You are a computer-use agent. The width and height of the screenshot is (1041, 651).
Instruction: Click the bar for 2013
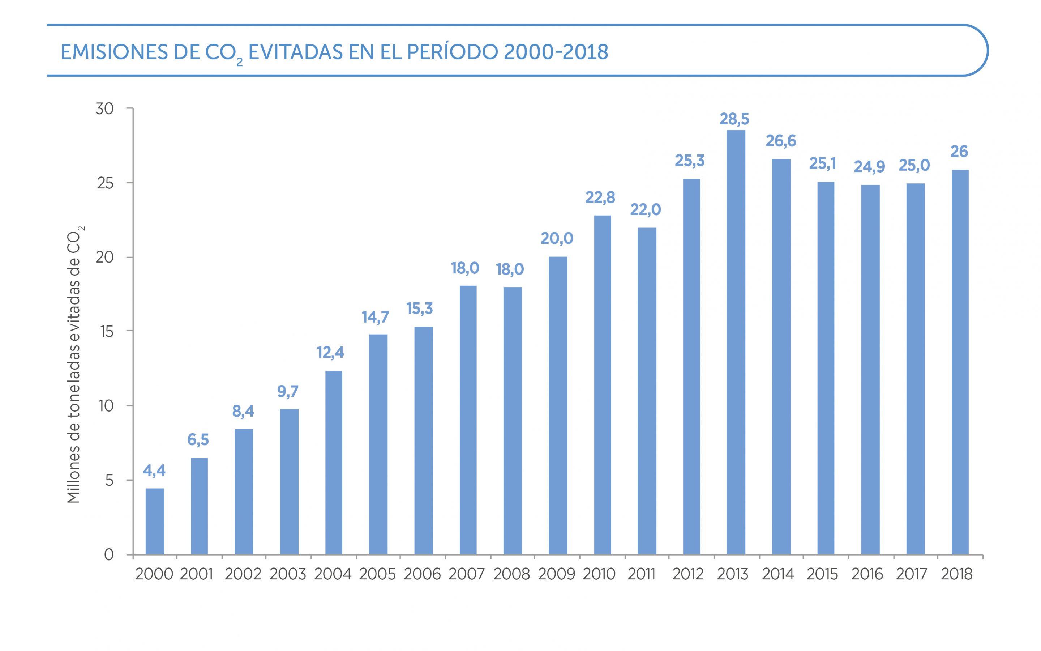point(736,342)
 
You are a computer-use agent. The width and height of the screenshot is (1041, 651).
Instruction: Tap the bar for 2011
point(647,391)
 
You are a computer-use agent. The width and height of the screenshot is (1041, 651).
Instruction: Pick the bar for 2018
point(960,362)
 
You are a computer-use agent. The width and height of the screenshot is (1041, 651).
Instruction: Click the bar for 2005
point(378,444)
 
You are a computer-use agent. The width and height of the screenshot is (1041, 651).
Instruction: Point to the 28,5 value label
point(734,119)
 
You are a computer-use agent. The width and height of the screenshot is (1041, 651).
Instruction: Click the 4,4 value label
point(154,471)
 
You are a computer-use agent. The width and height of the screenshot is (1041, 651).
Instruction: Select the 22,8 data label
point(600,197)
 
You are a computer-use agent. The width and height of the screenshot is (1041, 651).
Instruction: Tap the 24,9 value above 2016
point(869,167)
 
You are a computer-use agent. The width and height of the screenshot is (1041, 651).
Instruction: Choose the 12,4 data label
point(330,353)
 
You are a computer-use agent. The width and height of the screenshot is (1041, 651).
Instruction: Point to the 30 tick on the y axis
point(104,109)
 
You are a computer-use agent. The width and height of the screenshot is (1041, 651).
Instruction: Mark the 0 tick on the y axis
point(109,554)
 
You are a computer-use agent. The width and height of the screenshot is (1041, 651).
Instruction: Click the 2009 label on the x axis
point(557,574)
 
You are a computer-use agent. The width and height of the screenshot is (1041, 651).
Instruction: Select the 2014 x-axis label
point(778,574)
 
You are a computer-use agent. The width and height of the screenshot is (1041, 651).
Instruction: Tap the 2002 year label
point(243,574)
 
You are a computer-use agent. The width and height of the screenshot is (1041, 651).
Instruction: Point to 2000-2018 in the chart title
point(556,52)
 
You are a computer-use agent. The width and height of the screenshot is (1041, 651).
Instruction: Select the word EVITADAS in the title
point(296,52)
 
